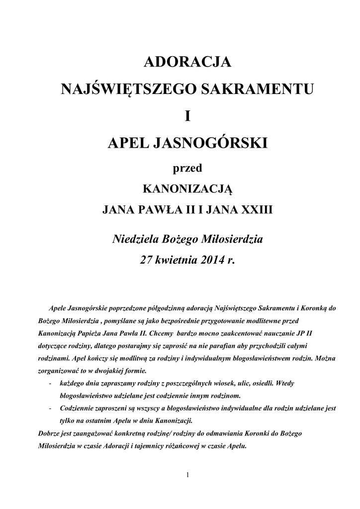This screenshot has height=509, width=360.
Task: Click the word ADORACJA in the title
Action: (x=187, y=63)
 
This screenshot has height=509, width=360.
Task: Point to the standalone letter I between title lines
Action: (x=187, y=117)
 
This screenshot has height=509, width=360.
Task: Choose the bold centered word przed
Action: (x=187, y=169)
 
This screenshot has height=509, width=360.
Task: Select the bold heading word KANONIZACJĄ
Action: (x=187, y=189)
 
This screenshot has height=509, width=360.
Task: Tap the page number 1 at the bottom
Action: (x=187, y=475)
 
